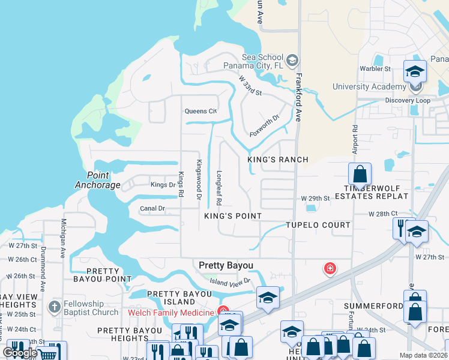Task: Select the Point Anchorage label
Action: tap(93, 180)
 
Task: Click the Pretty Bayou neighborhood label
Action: tap(226, 265)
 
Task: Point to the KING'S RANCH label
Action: tap(278, 160)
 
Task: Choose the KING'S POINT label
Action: tap(233, 216)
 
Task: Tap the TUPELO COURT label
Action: tap(318, 225)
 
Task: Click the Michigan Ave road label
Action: tap(63, 238)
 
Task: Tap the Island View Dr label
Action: tap(230, 281)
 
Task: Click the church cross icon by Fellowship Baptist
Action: tap(54, 308)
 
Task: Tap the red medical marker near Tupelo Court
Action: tap(330, 268)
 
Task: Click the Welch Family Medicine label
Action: tap(170, 312)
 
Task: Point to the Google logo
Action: tap(20, 353)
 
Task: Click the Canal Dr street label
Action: tap(152, 209)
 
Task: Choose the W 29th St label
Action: tap(316, 198)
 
